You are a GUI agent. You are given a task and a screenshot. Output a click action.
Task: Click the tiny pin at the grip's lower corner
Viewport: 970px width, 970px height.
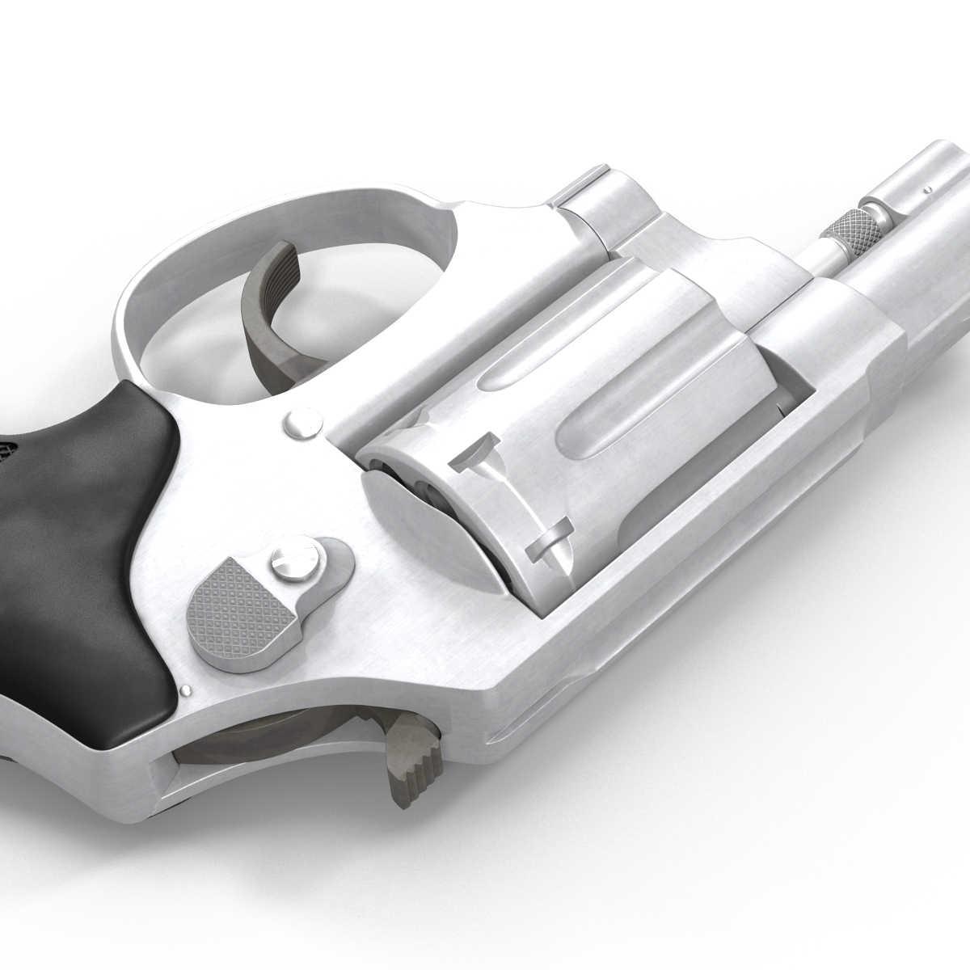[188, 690]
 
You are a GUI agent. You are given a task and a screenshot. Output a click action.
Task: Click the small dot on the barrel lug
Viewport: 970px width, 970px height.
[929, 192]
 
